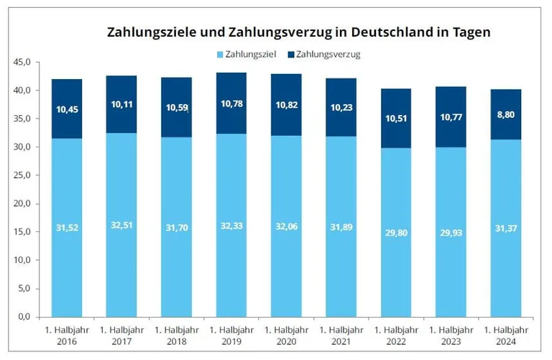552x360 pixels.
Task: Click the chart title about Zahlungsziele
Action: tap(298, 32)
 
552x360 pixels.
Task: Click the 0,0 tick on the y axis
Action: tap(24, 317)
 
